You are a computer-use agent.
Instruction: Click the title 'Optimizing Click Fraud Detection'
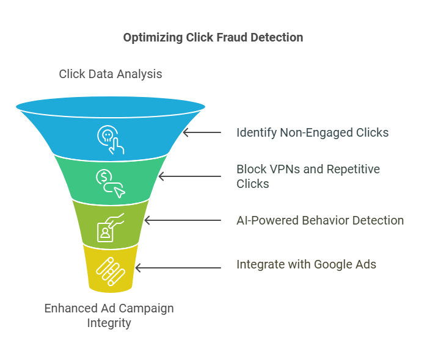pyautogui.click(x=213, y=38)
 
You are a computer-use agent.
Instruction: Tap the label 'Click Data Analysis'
pyautogui.click(x=111, y=74)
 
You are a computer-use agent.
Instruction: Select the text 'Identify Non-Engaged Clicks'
pyautogui.click(x=312, y=132)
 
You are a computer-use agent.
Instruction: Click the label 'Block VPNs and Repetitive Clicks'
pyautogui.click(x=308, y=176)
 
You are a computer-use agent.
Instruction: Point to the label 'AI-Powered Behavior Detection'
pyautogui.click(x=320, y=220)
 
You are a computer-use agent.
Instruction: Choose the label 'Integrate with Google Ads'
pyautogui.click(x=306, y=264)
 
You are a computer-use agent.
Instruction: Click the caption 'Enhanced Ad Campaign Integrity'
pyautogui.click(x=109, y=315)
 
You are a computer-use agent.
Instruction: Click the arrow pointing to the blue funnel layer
pyautogui.click(x=202, y=132)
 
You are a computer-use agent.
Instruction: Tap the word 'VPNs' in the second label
pyautogui.click(x=283, y=169)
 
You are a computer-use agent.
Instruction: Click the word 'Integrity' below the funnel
pyautogui.click(x=109, y=323)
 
